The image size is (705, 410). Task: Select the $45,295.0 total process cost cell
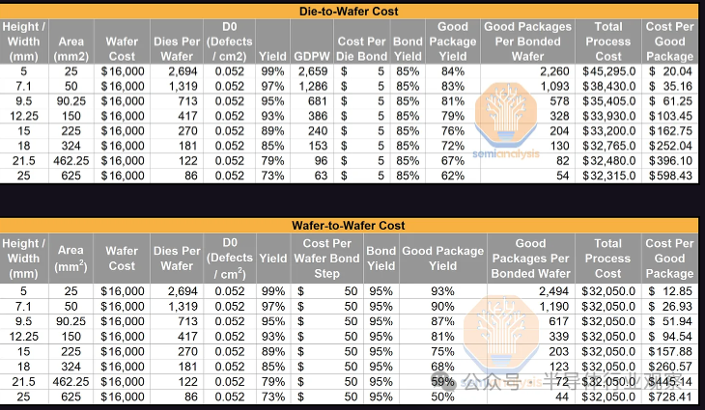click(x=607, y=70)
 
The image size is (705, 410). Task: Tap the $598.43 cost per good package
click(x=669, y=203)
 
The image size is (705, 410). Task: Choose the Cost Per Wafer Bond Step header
click(x=326, y=259)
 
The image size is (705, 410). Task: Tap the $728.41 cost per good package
click(x=669, y=396)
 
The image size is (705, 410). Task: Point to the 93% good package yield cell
click(x=442, y=290)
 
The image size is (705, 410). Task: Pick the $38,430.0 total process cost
click(x=607, y=85)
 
